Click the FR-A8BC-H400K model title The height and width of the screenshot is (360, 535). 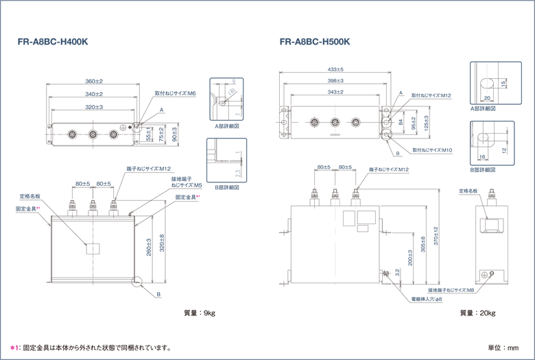(x=53, y=42)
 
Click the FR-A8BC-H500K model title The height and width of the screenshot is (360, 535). (x=315, y=42)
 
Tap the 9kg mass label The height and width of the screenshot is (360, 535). (x=200, y=313)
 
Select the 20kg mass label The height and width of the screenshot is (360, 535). (x=477, y=313)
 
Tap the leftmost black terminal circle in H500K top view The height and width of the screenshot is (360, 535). (x=314, y=122)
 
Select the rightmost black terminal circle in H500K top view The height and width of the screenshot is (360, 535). (x=355, y=122)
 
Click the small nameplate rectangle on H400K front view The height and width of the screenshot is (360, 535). (x=93, y=249)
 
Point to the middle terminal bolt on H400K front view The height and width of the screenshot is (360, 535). (x=93, y=206)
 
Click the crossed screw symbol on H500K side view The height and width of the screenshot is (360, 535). (x=486, y=275)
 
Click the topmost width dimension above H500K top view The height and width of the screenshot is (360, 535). (x=335, y=71)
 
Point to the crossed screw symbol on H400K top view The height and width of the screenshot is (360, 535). (x=123, y=128)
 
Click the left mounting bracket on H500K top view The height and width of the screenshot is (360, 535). (x=283, y=121)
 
